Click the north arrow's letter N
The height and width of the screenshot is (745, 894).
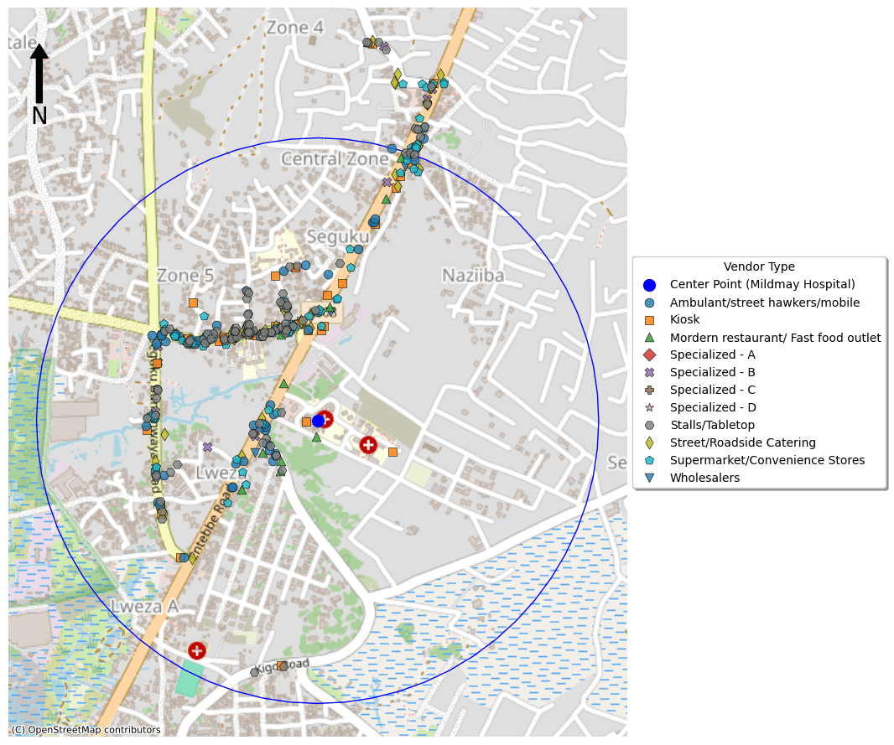point(39,116)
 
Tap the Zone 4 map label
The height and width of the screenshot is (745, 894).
point(294,28)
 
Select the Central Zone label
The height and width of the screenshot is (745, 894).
point(335,159)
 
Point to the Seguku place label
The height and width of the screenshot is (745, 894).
point(338,237)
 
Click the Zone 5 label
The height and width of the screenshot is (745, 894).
point(185,276)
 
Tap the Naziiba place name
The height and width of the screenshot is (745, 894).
point(473,276)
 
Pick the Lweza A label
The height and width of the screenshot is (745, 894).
point(145,606)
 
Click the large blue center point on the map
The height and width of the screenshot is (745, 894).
point(319,421)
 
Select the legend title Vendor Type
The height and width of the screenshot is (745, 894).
point(759,266)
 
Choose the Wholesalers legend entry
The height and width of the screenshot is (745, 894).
point(704,479)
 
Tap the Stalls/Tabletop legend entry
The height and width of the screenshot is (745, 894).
point(712,426)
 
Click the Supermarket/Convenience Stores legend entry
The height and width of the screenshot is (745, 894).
point(767,461)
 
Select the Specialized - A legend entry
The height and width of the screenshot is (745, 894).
point(712,355)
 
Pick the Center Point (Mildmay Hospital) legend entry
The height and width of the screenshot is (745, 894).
point(762,285)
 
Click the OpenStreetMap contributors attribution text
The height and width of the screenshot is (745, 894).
point(86,730)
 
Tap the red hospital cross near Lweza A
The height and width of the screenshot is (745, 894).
point(197,650)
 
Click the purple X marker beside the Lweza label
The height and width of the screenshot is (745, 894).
point(208,448)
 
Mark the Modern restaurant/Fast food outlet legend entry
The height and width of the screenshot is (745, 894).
point(775,338)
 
